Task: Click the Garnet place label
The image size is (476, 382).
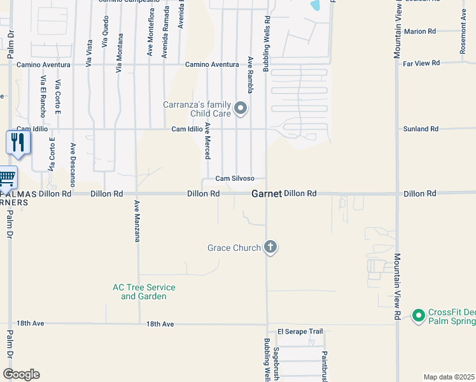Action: tap(266, 194)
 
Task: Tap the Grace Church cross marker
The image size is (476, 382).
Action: tap(270, 247)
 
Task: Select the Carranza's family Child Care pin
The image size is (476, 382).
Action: tap(241, 109)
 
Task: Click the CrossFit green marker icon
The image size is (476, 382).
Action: tap(418, 315)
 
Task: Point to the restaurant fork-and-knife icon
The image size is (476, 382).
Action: tap(17, 142)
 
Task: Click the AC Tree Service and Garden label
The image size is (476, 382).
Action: tap(144, 292)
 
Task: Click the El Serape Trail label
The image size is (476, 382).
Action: tap(300, 332)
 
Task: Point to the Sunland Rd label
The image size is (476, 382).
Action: tap(421, 129)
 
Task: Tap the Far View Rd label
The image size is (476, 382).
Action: tap(421, 63)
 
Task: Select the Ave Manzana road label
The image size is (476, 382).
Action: tap(136, 221)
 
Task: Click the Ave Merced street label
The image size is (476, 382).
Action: tap(207, 141)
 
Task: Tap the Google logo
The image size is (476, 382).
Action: tap(21, 374)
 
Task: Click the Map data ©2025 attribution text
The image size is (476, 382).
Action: tap(449, 377)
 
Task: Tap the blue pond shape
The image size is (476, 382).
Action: tap(315, 6)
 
